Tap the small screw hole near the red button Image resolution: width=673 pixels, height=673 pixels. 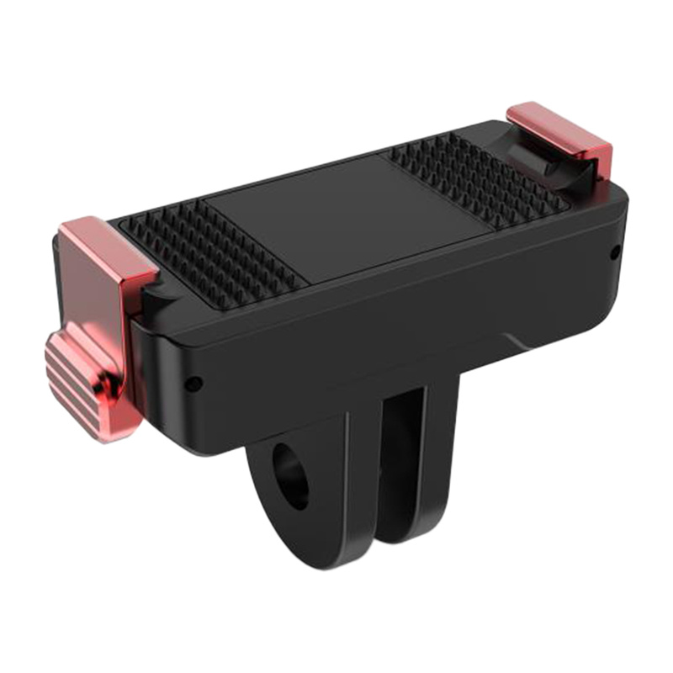click(x=193, y=384)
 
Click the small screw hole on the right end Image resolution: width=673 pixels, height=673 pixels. click(x=616, y=250)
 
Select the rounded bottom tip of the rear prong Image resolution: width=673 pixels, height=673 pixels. click(x=421, y=538)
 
